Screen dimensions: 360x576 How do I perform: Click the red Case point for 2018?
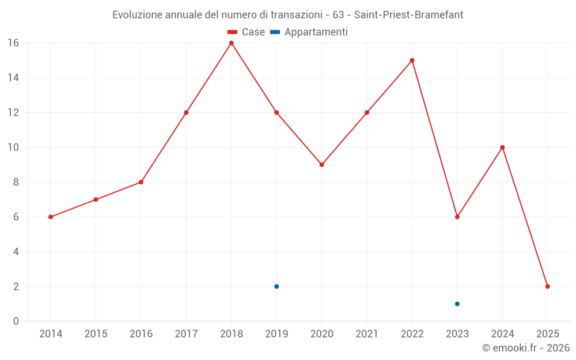[x=231, y=43]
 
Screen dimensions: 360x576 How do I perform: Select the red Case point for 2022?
[x=412, y=60]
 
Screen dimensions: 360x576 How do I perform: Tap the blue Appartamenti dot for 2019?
[x=276, y=286]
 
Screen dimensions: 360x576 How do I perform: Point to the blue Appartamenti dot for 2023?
[x=457, y=304]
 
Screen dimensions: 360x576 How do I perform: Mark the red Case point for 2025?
[x=547, y=286]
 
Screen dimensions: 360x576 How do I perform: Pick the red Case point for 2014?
[x=51, y=217]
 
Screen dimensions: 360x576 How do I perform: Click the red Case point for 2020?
[x=321, y=165]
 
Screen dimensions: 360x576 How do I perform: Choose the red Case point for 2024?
[x=502, y=147]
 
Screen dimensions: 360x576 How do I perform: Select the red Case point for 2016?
[x=141, y=182]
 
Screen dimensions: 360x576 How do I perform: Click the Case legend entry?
[x=246, y=32]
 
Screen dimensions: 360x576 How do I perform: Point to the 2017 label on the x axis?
[x=186, y=334]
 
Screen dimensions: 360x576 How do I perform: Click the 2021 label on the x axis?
[x=367, y=334]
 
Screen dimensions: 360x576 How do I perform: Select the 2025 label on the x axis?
[x=547, y=334]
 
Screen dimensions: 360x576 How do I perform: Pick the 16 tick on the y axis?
[x=13, y=43]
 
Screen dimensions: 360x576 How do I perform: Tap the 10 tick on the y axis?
[x=13, y=147]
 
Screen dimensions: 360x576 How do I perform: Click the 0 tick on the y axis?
[x=16, y=321]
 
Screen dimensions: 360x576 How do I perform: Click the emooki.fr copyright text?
[x=526, y=348]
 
